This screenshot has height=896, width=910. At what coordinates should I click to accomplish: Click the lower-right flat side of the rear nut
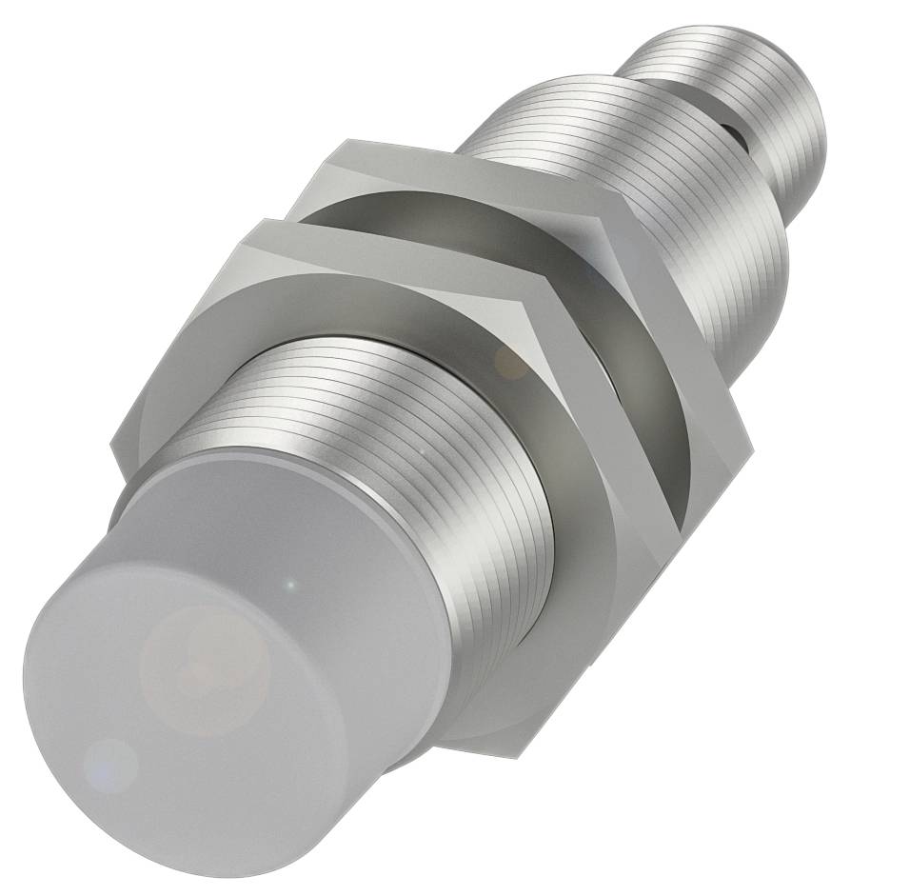704,486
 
